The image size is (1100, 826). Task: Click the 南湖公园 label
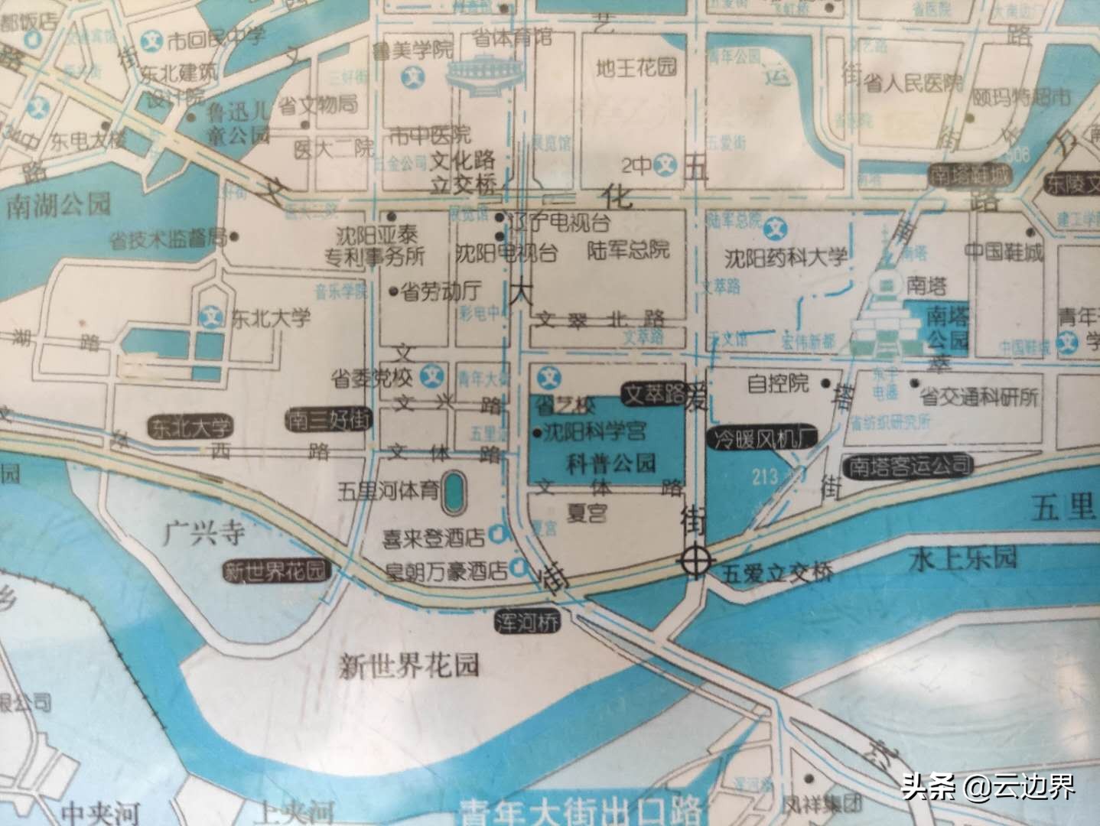[x=57, y=204]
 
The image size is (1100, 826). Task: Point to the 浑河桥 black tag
[x=527, y=620]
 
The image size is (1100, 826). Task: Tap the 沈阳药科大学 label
[x=787, y=257]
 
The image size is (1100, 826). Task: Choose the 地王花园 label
[x=636, y=67]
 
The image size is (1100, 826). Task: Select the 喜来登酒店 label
[x=434, y=538]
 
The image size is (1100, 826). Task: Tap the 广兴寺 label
[x=203, y=532]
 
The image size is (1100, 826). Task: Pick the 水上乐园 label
[x=964, y=559]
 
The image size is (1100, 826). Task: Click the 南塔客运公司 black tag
[x=907, y=465]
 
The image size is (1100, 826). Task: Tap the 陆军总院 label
[x=627, y=249]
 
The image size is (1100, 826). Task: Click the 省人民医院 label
[x=913, y=83]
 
